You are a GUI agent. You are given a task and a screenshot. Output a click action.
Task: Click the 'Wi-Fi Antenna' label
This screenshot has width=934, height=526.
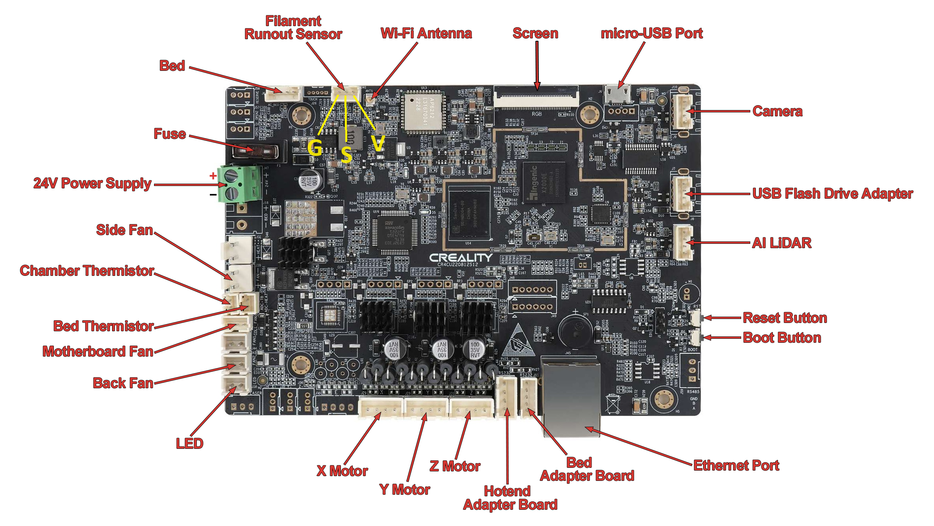point(426,33)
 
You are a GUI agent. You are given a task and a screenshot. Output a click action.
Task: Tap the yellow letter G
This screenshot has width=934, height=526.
point(315,148)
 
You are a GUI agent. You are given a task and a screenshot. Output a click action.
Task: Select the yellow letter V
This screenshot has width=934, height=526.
point(378,143)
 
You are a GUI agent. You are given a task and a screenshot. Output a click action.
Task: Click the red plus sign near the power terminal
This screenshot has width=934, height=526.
point(213,175)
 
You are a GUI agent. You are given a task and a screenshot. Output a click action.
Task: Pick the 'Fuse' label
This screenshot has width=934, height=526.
point(169,134)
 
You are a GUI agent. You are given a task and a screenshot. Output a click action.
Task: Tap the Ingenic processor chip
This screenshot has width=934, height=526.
point(543,182)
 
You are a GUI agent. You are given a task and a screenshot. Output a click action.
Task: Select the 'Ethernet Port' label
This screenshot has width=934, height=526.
point(736,465)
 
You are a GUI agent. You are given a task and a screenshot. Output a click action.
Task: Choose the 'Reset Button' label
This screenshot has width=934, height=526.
point(785,318)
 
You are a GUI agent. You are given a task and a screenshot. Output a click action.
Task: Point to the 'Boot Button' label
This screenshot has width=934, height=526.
point(782,338)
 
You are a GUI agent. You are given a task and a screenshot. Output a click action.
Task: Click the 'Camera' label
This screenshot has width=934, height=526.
point(777,111)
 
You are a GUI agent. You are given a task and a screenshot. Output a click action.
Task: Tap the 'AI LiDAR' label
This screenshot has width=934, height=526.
point(782,243)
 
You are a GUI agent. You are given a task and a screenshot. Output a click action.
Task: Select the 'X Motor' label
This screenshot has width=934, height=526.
point(342,471)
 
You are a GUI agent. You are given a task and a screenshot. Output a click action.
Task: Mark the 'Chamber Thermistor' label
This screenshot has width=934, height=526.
point(87,271)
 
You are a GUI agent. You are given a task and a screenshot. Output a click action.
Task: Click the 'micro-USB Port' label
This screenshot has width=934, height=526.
point(652,33)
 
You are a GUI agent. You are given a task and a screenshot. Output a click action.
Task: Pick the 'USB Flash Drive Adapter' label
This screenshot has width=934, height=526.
point(833,194)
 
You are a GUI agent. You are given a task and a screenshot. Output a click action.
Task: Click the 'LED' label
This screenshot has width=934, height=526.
point(190,444)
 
